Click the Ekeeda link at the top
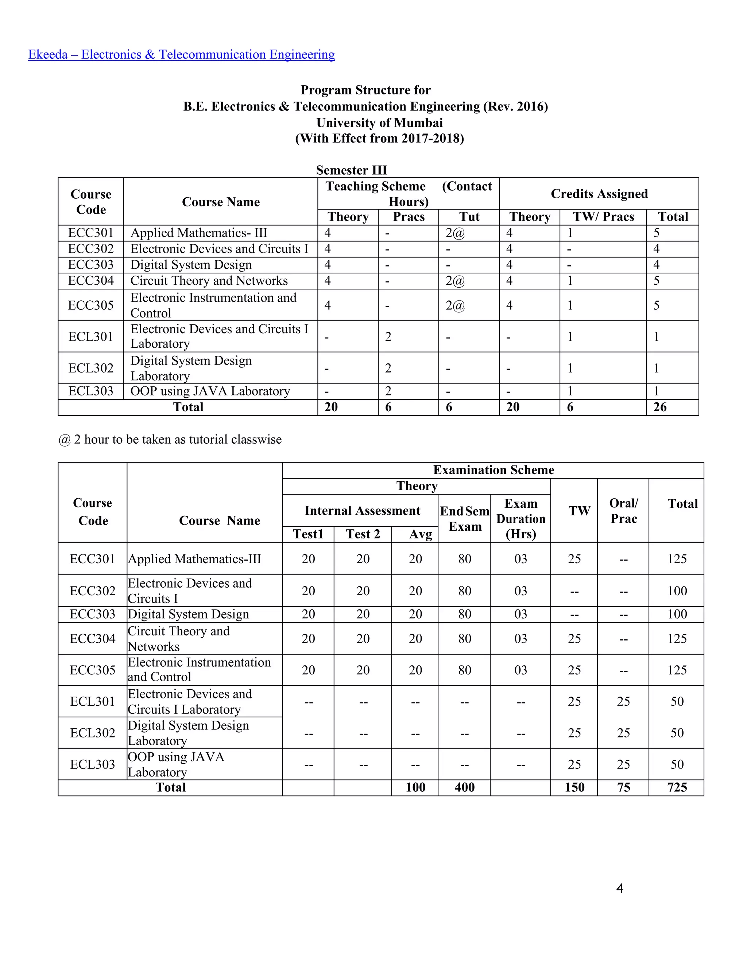[181, 54]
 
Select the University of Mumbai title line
[379, 122]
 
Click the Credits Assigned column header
[599, 194]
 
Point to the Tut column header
[469, 217]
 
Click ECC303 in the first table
[91, 265]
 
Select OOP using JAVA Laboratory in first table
[210, 391]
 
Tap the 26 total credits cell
[660, 407]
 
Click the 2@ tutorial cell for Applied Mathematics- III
[455, 233]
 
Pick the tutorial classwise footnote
[170, 439]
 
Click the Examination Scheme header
[493, 470]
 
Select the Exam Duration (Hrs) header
[520, 518]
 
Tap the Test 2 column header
[363, 534]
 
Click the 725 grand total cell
[677, 787]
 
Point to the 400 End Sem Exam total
[464, 787]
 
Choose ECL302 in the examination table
[93, 733]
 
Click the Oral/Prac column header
[623, 510]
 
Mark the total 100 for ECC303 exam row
[677, 614]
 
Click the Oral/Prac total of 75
[623, 787]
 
